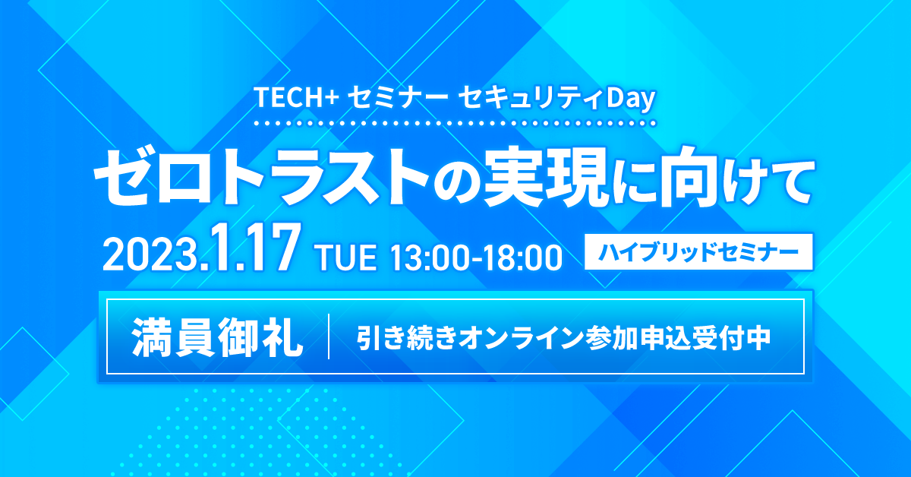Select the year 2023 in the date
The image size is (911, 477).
coord(152,257)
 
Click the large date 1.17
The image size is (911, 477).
coord(254,248)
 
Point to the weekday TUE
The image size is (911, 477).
coord(346,257)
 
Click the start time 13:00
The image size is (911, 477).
coord(430,257)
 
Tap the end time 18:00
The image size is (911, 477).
coord(522,257)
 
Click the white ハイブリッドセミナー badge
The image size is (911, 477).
coord(698,252)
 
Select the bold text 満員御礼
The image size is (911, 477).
coord(217,336)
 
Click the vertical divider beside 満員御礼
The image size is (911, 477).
coord(329,336)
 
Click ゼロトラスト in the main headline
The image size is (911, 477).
coord(261,178)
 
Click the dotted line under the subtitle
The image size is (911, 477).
coord(455,123)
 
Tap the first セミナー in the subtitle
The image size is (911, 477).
coord(399,99)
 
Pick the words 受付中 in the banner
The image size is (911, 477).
coord(729,338)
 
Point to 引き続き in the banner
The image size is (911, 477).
coord(408,338)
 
